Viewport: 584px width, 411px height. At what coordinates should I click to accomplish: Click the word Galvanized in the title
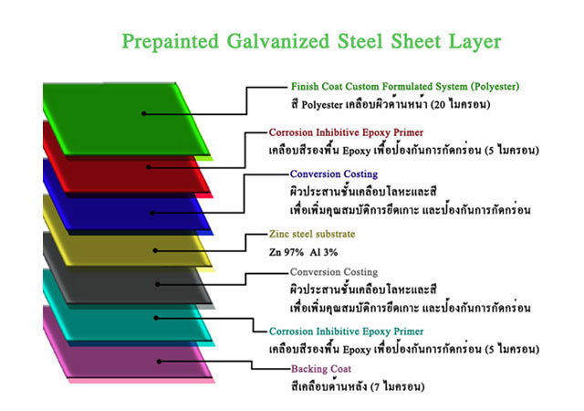coord(278,41)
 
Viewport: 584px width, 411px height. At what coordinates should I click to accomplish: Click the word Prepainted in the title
coord(171,41)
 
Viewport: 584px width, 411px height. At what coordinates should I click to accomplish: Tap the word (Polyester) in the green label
coord(495,87)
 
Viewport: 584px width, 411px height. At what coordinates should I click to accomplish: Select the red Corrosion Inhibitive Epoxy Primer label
coord(346,132)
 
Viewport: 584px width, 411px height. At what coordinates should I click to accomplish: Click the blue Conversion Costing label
coord(334,174)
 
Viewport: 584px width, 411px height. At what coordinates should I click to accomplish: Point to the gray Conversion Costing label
coord(334,272)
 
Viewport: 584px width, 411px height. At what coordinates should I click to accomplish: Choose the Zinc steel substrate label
coord(312,234)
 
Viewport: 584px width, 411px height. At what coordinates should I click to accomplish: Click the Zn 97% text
coord(286,252)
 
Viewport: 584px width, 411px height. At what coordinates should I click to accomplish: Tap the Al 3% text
coord(324,252)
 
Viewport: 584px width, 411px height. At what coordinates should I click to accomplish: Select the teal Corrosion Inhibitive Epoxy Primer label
coord(347,332)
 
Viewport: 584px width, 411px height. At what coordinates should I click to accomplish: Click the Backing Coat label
coord(321,369)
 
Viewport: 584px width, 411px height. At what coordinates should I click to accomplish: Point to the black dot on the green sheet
coord(144,113)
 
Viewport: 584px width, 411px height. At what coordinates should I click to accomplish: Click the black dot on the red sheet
coord(148,167)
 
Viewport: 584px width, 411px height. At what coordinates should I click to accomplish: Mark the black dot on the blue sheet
coord(152,213)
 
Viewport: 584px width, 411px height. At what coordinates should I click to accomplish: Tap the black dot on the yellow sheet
coord(155,250)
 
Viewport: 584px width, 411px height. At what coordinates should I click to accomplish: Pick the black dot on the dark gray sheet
coord(158,284)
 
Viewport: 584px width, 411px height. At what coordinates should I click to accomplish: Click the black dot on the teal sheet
coord(156,318)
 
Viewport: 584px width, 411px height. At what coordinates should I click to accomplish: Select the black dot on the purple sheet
coord(159,362)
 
